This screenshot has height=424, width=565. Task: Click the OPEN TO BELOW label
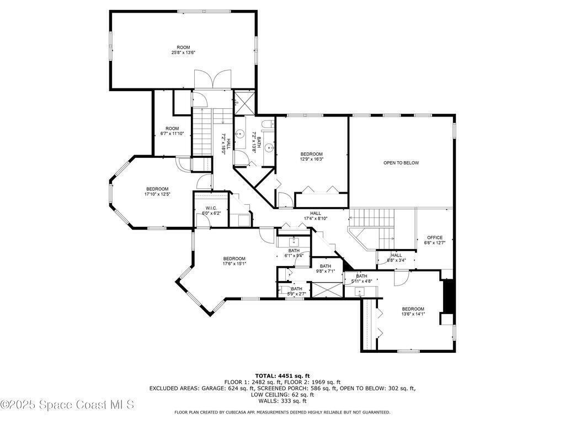(x=401, y=163)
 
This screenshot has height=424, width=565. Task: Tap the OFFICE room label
(x=435, y=237)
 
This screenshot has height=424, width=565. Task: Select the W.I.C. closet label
(x=211, y=208)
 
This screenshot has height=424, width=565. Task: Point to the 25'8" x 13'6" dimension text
(x=183, y=52)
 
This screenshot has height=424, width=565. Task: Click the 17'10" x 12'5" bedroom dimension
(x=157, y=194)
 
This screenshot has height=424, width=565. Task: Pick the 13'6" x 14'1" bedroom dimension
(x=413, y=314)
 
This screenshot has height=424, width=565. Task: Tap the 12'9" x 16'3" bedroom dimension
(x=312, y=159)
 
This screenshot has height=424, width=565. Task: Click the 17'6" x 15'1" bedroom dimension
(x=234, y=263)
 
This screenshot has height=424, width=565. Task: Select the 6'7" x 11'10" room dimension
(x=172, y=134)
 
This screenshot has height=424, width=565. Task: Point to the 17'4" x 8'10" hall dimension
(x=315, y=219)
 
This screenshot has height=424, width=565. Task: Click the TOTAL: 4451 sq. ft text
(x=282, y=375)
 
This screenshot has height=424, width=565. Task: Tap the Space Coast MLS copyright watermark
(x=67, y=405)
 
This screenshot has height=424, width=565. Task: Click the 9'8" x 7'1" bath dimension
(x=326, y=272)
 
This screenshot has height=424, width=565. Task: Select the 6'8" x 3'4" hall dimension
(x=396, y=261)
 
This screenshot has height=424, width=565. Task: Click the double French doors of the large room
(x=212, y=79)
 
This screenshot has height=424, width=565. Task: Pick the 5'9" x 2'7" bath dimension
(x=296, y=294)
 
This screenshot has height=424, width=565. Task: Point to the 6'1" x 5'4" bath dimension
(x=294, y=256)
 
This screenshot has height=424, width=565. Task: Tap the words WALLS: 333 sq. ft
(x=282, y=401)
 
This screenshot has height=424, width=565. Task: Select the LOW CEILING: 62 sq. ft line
(x=282, y=395)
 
